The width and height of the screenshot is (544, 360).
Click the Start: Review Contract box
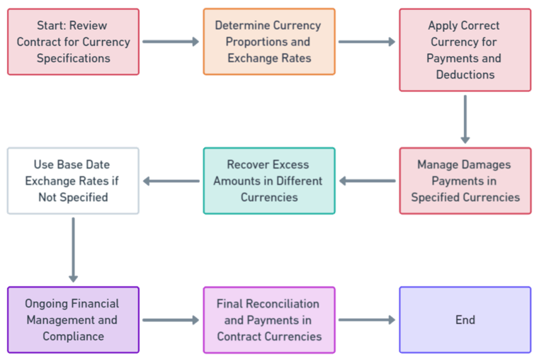tap(73, 42)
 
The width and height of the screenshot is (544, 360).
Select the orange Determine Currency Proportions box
tap(269, 42)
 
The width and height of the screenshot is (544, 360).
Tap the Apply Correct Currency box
tap(465, 50)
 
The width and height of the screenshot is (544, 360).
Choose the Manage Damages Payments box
tap(465, 181)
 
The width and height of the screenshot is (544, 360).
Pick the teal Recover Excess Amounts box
tap(269, 181)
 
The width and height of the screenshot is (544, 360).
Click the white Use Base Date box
tap(73, 181)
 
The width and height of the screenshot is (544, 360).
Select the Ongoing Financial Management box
tap(73, 320)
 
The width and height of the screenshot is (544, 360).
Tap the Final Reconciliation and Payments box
tap(269, 320)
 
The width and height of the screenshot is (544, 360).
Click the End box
tap(465, 320)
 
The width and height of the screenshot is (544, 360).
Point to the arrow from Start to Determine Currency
tap(171, 42)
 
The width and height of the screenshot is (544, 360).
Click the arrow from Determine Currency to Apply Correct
tap(366, 42)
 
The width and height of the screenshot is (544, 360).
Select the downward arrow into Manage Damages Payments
tap(465, 119)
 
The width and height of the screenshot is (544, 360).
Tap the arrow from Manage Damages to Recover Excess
tap(367, 181)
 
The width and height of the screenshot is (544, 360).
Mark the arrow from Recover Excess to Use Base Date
tap(171, 181)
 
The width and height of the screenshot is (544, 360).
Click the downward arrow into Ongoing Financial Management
tap(73, 249)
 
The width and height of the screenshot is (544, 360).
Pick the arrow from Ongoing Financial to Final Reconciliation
tap(171, 320)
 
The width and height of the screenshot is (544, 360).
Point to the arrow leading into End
tap(366, 320)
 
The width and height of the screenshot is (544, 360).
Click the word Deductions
tap(465, 74)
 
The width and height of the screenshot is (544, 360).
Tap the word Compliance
tap(73, 336)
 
